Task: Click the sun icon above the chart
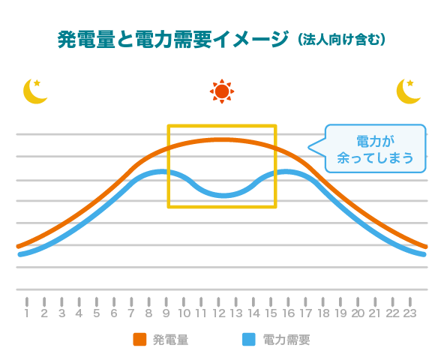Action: [x=221, y=91]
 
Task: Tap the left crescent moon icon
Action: [x=34, y=92]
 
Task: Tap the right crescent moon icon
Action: [x=408, y=92]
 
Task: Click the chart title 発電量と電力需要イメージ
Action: [x=172, y=39]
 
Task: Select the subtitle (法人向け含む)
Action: [x=341, y=39]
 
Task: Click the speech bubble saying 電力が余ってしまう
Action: [x=375, y=149]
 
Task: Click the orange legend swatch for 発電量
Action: [x=139, y=339]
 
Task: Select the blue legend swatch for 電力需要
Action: [x=250, y=339]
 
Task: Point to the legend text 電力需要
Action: [x=286, y=340]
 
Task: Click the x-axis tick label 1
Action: [x=27, y=313]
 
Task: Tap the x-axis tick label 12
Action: [x=218, y=313]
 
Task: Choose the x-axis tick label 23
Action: [x=410, y=313]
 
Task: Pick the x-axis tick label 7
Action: [x=131, y=313]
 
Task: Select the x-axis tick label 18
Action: [x=323, y=313]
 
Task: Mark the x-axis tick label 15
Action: [x=271, y=313]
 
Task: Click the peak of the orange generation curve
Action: [x=221, y=139]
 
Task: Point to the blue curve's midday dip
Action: [x=223, y=195]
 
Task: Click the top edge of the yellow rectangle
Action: [x=222, y=126]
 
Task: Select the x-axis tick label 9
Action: [x=166, y=313]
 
